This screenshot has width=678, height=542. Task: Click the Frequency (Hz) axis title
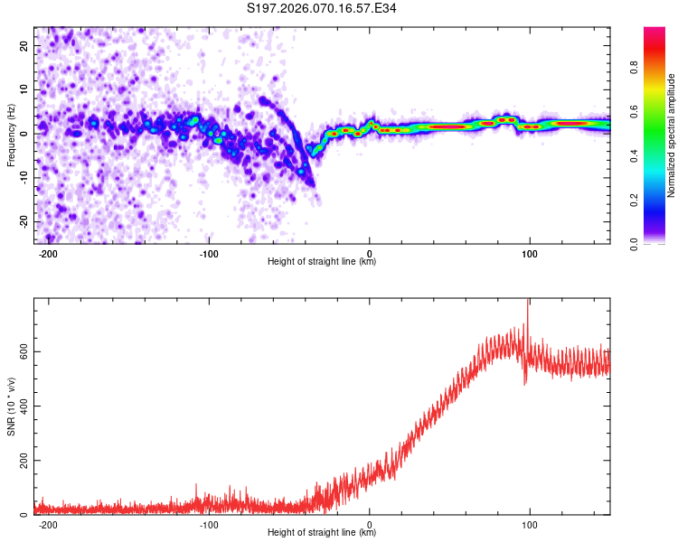pos(11,135)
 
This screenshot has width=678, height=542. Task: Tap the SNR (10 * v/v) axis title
pos(11,406)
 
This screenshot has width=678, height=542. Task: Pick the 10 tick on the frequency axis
pos(24,89)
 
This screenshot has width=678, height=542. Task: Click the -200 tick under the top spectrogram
pos(48,253)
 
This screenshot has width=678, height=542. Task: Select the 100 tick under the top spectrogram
pos(529,253)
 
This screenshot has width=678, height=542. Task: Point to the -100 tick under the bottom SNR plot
pos(209,525)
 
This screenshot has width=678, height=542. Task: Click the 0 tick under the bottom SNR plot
pos(370,525)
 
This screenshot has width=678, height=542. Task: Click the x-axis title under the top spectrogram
pos(322,262)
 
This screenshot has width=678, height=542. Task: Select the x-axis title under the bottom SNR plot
pos(322,533)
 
